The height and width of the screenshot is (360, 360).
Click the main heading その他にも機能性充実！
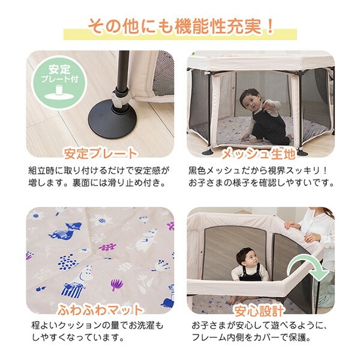point(181,26)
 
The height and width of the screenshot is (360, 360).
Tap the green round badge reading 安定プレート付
point(59,83)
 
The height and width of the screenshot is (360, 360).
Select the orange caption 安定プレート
point(101,154)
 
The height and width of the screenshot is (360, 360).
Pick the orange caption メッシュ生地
point(259,154)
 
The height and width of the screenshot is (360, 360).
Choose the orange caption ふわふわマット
point(100,310)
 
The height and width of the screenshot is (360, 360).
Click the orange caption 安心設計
point(259,310)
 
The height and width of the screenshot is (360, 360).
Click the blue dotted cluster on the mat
point(67,262)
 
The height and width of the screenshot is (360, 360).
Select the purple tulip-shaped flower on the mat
point(116,284)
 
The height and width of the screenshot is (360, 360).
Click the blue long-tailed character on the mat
point(66,231)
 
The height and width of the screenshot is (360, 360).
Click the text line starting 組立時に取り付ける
point(99,170)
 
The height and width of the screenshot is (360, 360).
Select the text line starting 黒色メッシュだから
point(258,170)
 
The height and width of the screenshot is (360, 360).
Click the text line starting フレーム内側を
point(251,337)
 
